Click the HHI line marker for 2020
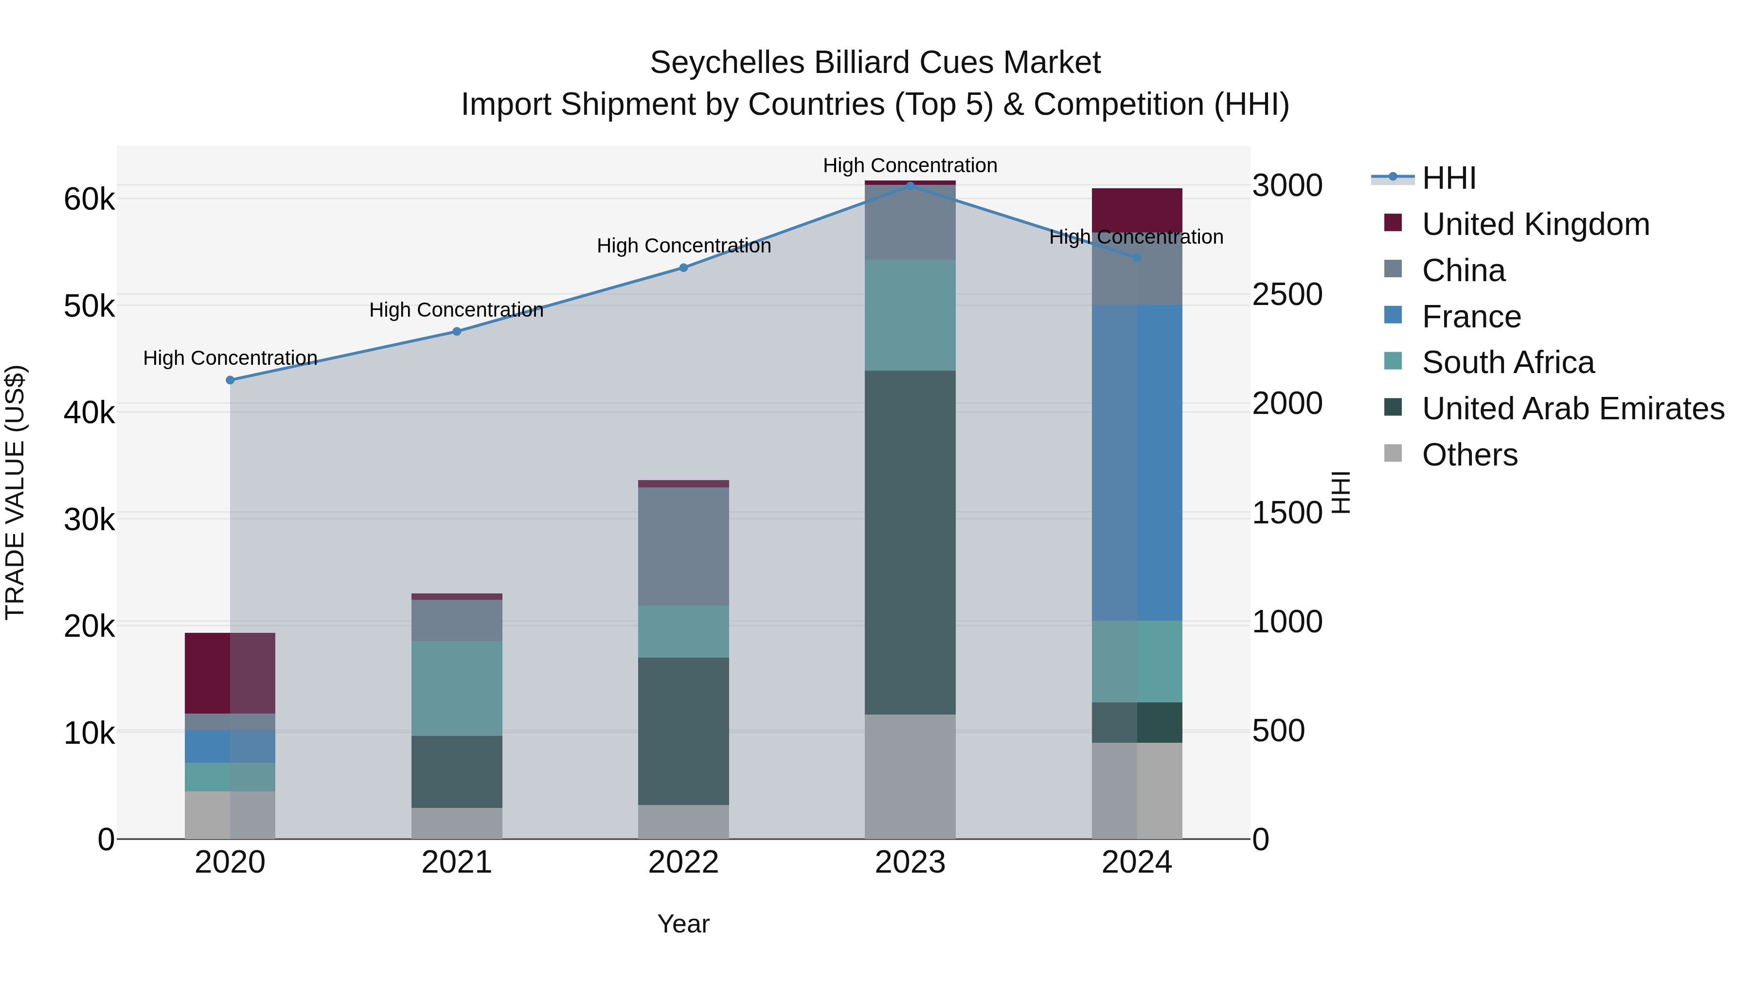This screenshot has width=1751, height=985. (230, 380)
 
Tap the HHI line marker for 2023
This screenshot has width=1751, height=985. (910, 186)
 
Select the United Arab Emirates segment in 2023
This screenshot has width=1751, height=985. (910, 542)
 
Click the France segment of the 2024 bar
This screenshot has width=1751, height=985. (1137, 462)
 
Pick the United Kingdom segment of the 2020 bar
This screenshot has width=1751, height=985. (230, 673)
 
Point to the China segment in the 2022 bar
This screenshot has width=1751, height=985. (683, 547)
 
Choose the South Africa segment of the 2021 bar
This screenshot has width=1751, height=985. (457, 688)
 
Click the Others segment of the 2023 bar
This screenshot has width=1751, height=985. (910, 776)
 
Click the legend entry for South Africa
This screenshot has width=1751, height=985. (1508, 362)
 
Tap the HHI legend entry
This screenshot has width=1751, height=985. (1448, 178)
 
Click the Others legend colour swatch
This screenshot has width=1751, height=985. (1393, 453)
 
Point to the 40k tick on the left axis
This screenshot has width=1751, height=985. (89, 412)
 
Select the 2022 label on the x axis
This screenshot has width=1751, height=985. (683, 862)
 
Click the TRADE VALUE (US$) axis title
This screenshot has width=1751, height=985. (15, 492)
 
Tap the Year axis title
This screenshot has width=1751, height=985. (683, 924)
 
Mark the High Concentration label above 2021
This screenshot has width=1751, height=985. (456, 310)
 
